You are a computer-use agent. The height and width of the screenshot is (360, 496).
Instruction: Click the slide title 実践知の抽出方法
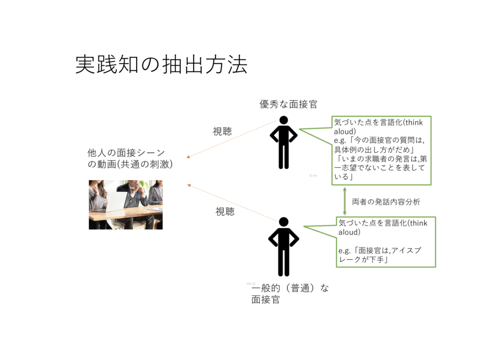161,65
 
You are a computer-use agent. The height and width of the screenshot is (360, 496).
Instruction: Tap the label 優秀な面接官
289,104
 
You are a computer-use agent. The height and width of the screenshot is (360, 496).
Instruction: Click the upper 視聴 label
222,131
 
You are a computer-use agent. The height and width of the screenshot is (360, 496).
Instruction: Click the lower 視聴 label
225,212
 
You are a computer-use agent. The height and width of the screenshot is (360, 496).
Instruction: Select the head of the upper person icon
284,120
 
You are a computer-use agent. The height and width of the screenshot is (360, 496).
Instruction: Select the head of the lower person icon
284,222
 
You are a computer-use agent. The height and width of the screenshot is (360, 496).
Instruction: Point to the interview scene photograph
125,204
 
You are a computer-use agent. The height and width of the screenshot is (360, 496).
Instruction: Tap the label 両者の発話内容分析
386,202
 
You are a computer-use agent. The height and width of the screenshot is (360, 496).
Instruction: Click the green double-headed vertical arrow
345,201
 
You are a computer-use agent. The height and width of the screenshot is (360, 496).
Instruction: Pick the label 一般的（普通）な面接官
290,294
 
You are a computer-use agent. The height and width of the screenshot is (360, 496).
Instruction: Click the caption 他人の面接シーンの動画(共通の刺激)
130,158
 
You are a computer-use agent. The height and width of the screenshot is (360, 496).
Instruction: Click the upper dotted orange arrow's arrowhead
188,157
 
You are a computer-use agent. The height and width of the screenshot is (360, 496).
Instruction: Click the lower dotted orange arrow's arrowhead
189,186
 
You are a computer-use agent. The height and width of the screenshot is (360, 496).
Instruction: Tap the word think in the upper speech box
414,123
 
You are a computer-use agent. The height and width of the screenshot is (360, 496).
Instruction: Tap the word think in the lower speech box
418,223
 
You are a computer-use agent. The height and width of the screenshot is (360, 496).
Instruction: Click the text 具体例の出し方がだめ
372,149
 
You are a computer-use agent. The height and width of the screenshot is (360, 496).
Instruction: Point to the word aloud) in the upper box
345,132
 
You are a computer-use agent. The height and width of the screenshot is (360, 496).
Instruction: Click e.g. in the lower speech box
344,251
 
